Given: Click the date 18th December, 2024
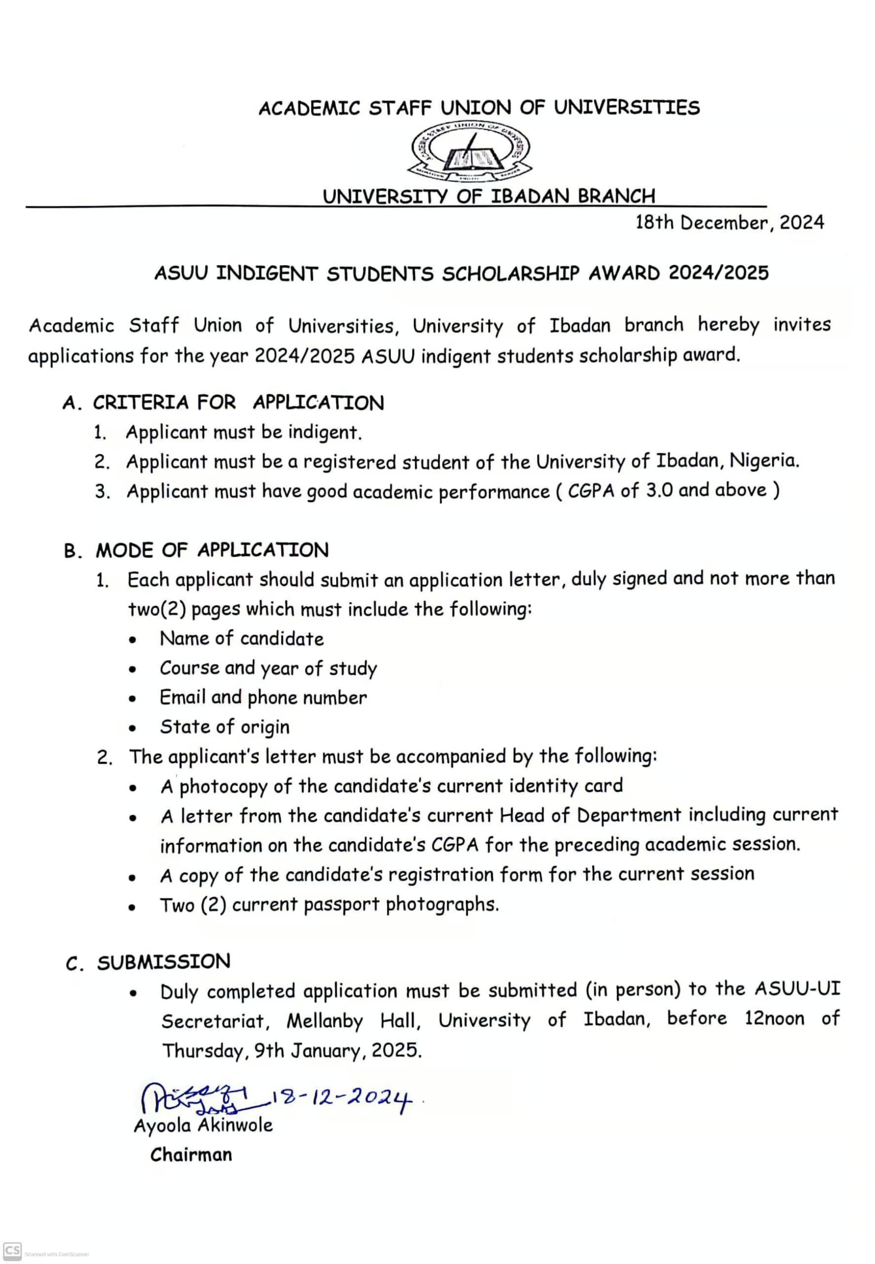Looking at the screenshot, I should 729,223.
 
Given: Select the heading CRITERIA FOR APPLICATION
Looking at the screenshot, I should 238,402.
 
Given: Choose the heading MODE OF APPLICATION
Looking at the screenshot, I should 212,550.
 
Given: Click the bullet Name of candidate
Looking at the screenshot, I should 241,639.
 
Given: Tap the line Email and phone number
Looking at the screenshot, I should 263,698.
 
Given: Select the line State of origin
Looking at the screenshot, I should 224,727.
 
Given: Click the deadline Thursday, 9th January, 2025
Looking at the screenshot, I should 292,1050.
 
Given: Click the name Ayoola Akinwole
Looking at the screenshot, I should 203,1125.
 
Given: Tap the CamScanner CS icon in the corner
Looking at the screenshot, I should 12,1251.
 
